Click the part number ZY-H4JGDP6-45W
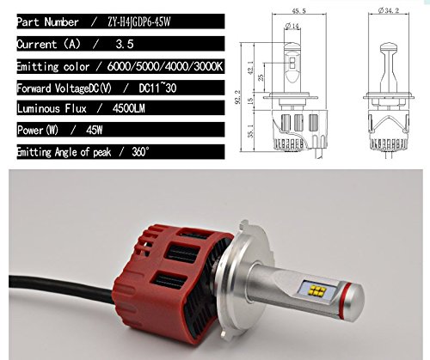[x=138, y=22]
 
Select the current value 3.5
[x=125, y=44]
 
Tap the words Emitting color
[x=52, y=66]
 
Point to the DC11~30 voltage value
[x=157, y=88]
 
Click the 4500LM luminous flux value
[x=129, y=108]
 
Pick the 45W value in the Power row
[x=94, y=131]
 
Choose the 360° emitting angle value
[x=140, y=151]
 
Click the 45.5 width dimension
[x=298, y=11]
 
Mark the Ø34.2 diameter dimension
[x=389, y=10]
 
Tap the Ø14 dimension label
[x=292, y=26]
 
